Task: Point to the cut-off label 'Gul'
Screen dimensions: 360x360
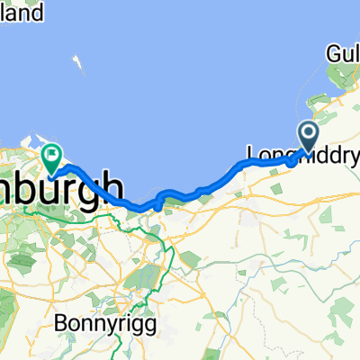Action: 344,55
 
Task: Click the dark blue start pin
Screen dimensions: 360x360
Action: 307,137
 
